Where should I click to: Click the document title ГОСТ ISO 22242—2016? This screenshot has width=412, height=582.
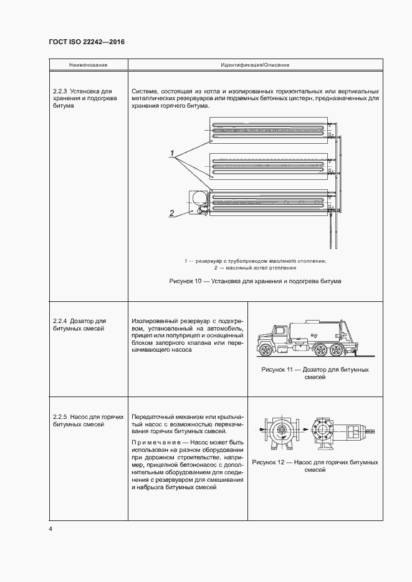[x=87, y=42]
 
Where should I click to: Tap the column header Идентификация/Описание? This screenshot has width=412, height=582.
[x=255, y=65]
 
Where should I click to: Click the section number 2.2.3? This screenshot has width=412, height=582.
[x=60, y=92]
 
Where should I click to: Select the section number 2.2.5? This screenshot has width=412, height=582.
[x=60, y=416]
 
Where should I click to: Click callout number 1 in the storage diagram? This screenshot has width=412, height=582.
[x=170, y=153]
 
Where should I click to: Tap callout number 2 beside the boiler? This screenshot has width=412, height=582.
[x=171, y=213]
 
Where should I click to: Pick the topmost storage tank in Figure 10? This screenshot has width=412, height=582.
[x=268, y=131]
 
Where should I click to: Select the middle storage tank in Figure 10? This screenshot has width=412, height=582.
[x=268, y=166]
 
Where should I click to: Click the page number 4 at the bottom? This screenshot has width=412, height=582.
[x=50, y=529]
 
